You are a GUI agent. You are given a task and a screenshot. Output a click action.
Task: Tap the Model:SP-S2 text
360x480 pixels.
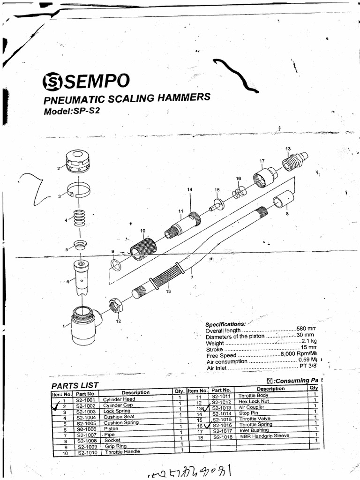72,112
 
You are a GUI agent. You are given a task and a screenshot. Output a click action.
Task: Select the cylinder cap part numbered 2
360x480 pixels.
77,161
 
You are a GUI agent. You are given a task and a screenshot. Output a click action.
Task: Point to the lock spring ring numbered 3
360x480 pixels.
78,189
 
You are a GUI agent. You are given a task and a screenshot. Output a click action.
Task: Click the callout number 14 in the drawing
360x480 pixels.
190,189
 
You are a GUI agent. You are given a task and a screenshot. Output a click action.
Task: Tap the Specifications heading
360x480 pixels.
225,324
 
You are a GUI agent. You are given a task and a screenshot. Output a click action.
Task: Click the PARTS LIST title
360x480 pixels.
75,385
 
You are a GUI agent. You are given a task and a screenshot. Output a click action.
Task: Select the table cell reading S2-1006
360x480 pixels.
86,428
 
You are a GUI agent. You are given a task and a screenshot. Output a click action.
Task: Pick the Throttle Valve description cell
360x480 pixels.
255,419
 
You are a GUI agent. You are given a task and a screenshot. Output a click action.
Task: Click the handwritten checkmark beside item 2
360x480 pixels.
59,407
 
